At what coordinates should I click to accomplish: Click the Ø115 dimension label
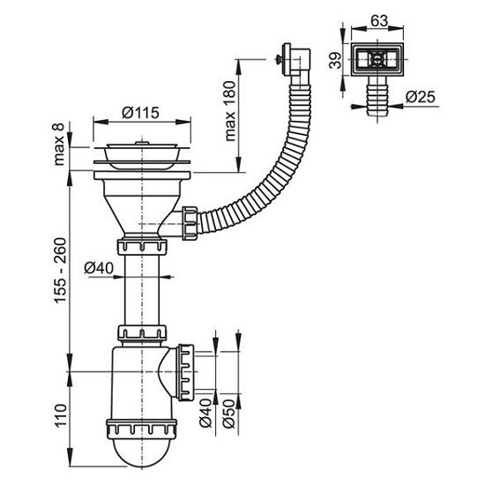tap(140, 113)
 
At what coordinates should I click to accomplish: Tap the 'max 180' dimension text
tap(230, 111)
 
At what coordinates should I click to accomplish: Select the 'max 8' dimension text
tap(58, 144)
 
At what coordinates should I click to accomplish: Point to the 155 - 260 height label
tap(60, 270)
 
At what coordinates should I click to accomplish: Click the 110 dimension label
tap(61, 415)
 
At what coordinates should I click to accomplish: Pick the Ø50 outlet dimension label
tap(229, 414)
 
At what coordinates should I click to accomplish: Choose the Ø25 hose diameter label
tap(421, 97)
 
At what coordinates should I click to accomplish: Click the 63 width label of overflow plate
tap(379, 21)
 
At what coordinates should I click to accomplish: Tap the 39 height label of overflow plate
tap(335, 60)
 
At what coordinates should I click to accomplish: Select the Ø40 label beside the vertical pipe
tap(99, 268)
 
